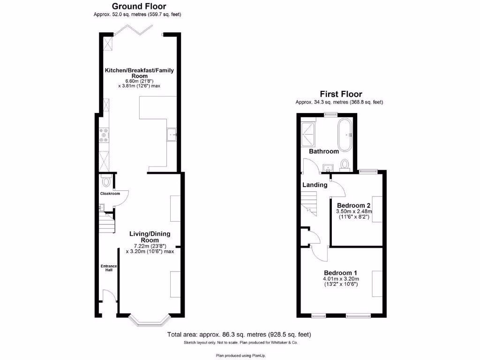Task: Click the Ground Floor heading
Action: [138, 7]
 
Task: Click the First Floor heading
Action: [341, 94]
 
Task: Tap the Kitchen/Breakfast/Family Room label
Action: [139, 73]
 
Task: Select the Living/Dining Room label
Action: [150, 237]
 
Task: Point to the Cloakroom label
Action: [110, 194]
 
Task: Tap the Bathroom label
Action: [323, 151]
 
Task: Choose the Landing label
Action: [315, 185]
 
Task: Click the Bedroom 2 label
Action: [354, 205]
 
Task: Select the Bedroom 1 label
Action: [341, 273]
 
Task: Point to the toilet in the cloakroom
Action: [106, 181]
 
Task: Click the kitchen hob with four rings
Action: [104, 135]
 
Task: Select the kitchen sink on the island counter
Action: [172, 135]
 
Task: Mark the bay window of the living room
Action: [149, 321]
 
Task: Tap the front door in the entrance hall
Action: [108, 297]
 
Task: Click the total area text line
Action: [240, 335]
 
